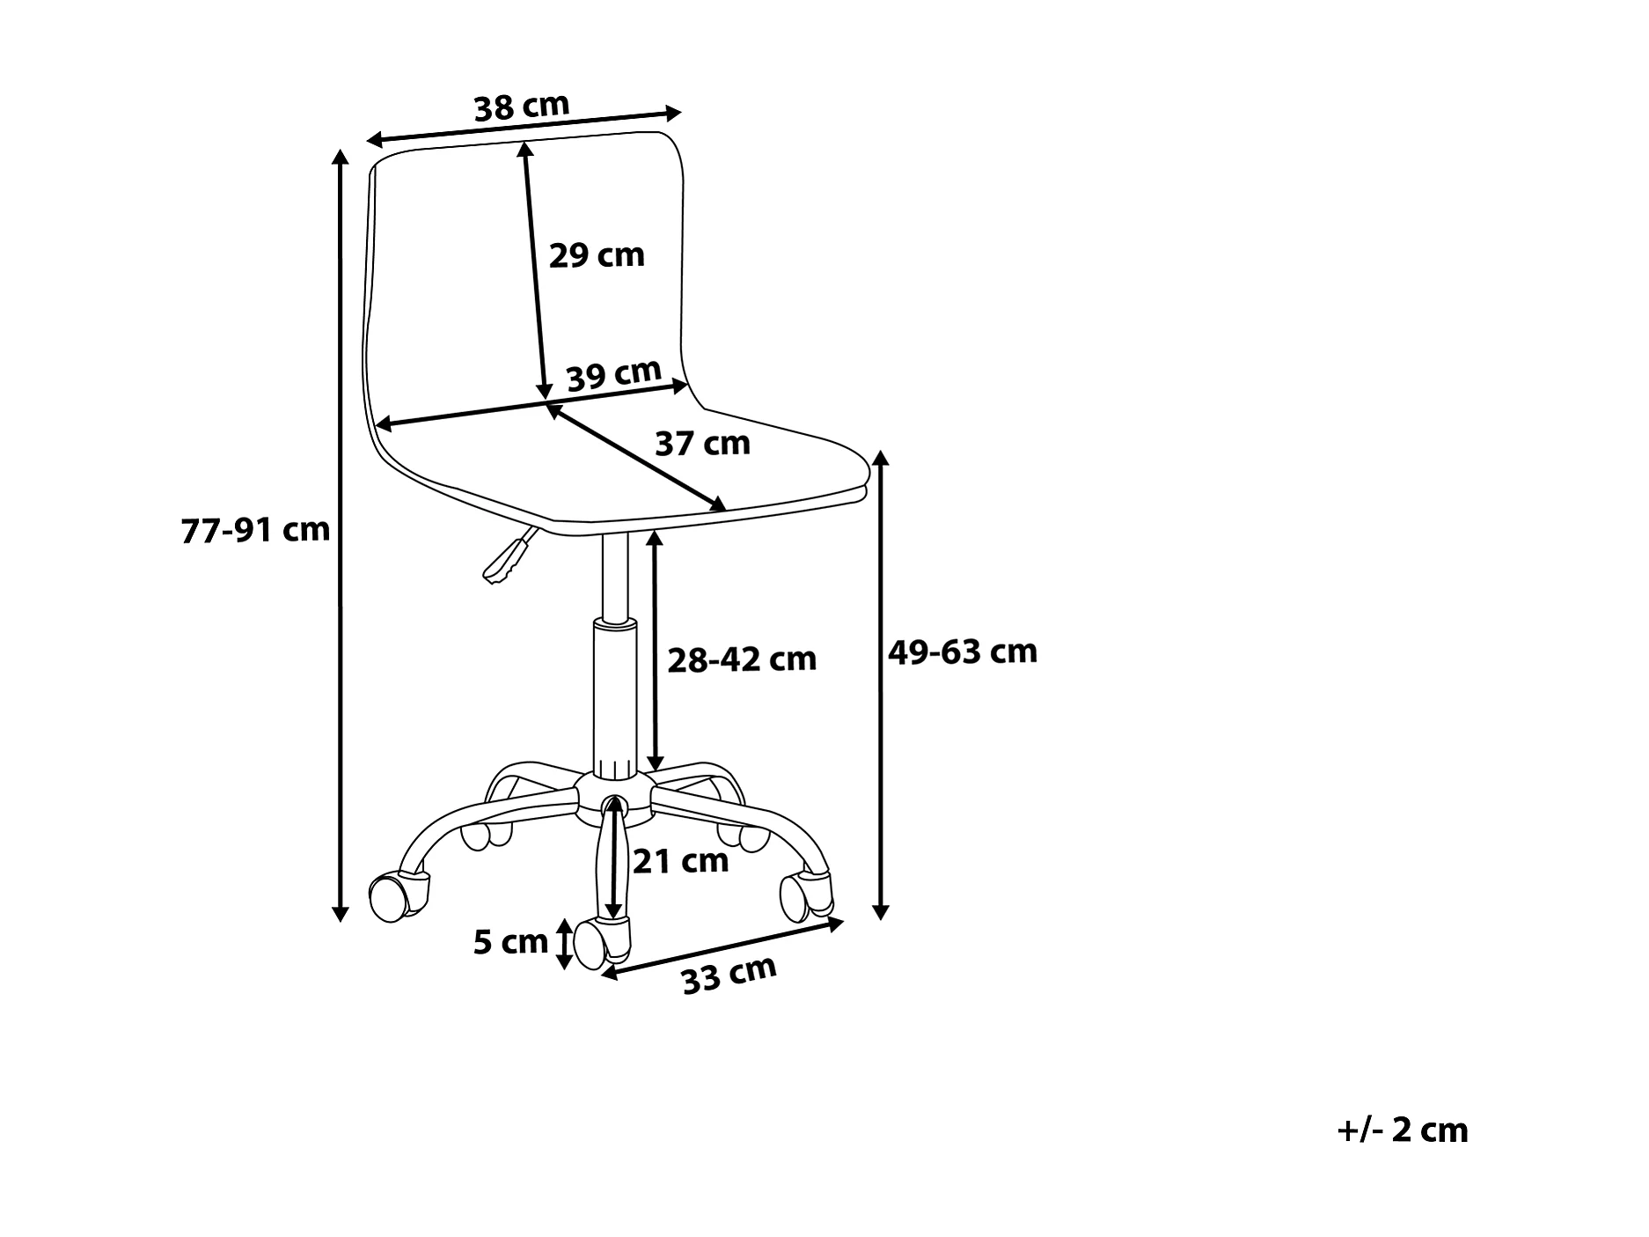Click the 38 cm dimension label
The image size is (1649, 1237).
[522, 107]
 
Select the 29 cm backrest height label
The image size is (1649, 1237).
[597, 255]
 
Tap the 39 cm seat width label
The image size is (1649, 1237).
[613, 375]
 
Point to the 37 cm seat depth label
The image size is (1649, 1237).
[702, 443]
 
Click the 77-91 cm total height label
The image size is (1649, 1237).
[255, 530]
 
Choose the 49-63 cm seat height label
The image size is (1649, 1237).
[963, 652]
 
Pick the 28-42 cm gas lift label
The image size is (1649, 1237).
[742, 659]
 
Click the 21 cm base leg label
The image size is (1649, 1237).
[681, 860]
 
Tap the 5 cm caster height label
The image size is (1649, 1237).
[510, 942]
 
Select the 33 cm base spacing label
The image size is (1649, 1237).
[729, 974]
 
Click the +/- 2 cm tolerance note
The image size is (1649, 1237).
[1403, 1130]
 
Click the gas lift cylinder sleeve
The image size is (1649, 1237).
[614, 696]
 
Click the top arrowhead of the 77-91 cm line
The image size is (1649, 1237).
[340, 156]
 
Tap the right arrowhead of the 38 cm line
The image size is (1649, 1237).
[675, 113]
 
